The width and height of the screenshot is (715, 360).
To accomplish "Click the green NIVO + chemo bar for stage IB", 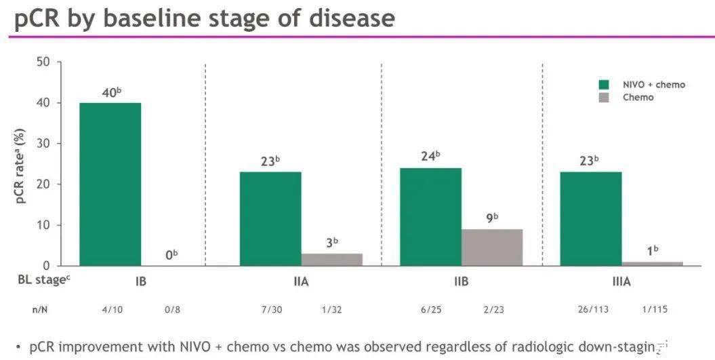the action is (x=110, y=184).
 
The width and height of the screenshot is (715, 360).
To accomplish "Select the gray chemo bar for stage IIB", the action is (x=492, y=247).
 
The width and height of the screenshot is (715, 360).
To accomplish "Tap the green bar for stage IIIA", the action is (x=591, y=219).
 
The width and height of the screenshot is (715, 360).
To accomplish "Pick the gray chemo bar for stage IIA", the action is (x=332, y=260).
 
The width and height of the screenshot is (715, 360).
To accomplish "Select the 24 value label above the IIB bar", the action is (x=430, y=156).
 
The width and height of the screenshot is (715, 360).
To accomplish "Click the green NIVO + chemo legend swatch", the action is (x=605, y=85).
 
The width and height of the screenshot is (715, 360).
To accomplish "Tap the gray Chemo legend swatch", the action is (x=605, y=97).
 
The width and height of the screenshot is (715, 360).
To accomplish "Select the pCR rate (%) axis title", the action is (x=20, y=166).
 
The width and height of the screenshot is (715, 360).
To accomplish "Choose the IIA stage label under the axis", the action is (x=302, y=281).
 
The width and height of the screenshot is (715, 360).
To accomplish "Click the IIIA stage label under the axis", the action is (x=621, y=281).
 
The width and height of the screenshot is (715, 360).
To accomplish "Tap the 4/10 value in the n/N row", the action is (x=113, y=309).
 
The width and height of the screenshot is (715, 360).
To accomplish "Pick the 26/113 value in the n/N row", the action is (x=593, y=309).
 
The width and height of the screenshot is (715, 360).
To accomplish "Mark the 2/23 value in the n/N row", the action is (x=493, y=309).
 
